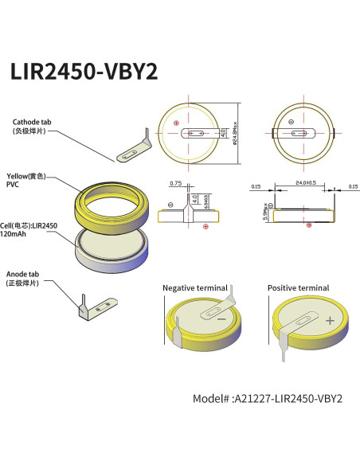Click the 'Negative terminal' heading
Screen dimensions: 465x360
[x=194, y=287]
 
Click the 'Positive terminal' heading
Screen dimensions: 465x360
[x=298, y=287]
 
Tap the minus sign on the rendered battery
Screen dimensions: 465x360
[x=221, y=319]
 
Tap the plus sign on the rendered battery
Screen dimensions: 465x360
[x=329, y=320]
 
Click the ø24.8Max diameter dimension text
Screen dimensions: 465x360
[x=235, y=133]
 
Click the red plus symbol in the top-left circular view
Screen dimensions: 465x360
[x=176, y=123]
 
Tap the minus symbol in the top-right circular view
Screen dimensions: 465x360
[x=291, y=123]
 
